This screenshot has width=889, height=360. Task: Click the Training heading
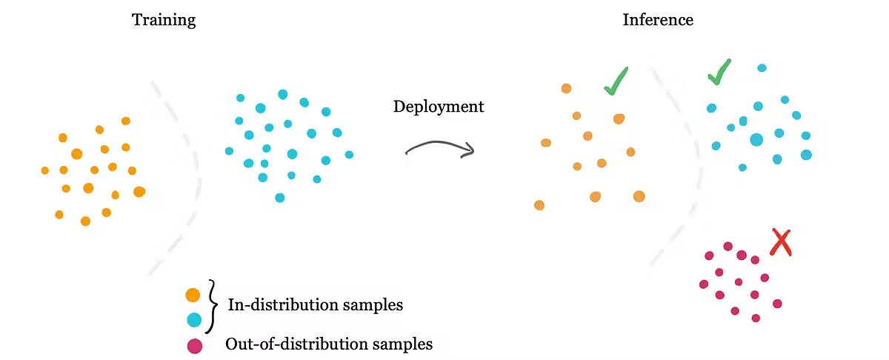coord(164,20)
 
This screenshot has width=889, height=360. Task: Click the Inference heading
coord(658,20)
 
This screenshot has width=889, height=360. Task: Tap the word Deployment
coord(438,107)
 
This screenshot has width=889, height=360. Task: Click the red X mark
coord(780,241)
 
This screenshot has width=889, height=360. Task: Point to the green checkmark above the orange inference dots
coord(616,81)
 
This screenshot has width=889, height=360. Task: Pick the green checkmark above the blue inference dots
coord(719,72)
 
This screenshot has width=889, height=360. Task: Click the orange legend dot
coord(193,296)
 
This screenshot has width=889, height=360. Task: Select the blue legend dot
coord(194,320)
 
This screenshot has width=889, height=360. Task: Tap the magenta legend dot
coord(194,345)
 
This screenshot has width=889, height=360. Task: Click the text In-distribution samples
coord(315,304)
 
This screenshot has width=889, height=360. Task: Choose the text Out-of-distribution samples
coord(328,344)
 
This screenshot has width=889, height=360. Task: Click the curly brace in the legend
coord(213,305)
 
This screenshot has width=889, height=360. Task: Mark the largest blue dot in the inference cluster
coord(756,139)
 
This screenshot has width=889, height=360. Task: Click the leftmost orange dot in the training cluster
coord(45,170)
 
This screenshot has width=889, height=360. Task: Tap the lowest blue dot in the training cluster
coord(279,198)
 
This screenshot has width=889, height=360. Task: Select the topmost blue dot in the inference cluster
coord(762,68)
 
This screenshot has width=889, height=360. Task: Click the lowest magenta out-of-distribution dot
coord(756,318)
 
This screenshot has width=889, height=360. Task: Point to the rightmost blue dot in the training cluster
coord(349,155)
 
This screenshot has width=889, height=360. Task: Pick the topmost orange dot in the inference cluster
coord(566,88)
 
